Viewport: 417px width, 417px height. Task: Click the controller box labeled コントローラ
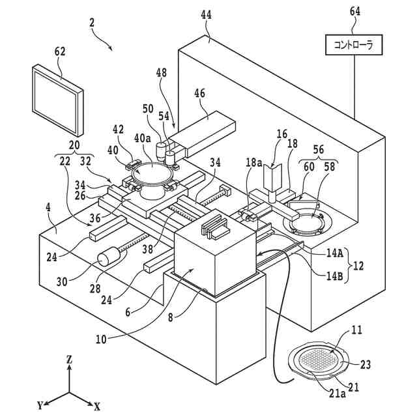(354, 45)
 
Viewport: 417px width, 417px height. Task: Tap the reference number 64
(354, 12)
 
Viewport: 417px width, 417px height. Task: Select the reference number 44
(206, 15)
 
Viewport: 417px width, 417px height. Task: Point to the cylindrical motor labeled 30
(109, 256)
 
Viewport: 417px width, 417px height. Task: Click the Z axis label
(69, 360)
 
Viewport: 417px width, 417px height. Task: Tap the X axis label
(97, 407)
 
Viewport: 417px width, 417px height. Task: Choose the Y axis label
(40, 406)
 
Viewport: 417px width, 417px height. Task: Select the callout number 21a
(338, 394)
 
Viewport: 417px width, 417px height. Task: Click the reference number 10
(101, 339)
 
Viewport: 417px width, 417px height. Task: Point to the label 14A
(334, 253)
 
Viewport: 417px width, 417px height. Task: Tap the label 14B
(334, 276)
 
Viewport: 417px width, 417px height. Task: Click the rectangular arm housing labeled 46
(202, 133)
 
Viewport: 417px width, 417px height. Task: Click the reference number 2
(92, 23)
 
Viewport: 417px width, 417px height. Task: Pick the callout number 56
(319, 149)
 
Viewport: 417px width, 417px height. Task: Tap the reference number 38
(147, 249)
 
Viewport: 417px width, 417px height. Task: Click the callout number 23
(365, 365)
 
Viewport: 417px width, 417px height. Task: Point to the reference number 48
(162, 72)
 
